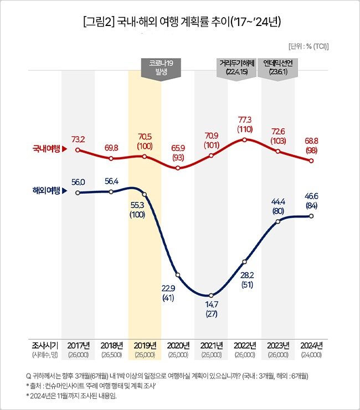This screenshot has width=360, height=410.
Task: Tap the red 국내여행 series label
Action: tap(47, 149)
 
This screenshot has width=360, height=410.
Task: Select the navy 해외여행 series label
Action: tap(47, 191)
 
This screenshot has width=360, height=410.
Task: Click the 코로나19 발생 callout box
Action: tap(161, 68)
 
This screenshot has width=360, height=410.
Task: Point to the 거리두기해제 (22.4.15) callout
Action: tap(237, 68)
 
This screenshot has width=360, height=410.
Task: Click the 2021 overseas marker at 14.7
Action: tap(211, 295)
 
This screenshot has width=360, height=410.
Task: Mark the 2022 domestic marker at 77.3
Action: tap(244, 139)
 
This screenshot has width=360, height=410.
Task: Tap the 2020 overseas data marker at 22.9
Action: tap(178, 275)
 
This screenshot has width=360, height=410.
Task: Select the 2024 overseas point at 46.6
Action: tap(311, 216)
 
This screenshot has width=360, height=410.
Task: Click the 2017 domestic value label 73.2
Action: tap(78, 138)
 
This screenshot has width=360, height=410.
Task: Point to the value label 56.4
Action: tap(111, 181)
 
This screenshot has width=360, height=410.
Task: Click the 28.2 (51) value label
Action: tap(244, 279)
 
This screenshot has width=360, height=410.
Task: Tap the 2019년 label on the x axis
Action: tap(145, 346)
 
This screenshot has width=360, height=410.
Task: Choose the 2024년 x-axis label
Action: tap(311, 346)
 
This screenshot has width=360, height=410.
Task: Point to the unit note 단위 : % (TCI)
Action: tap(308, 46)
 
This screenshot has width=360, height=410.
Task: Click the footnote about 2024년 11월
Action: tap(71, 396)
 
